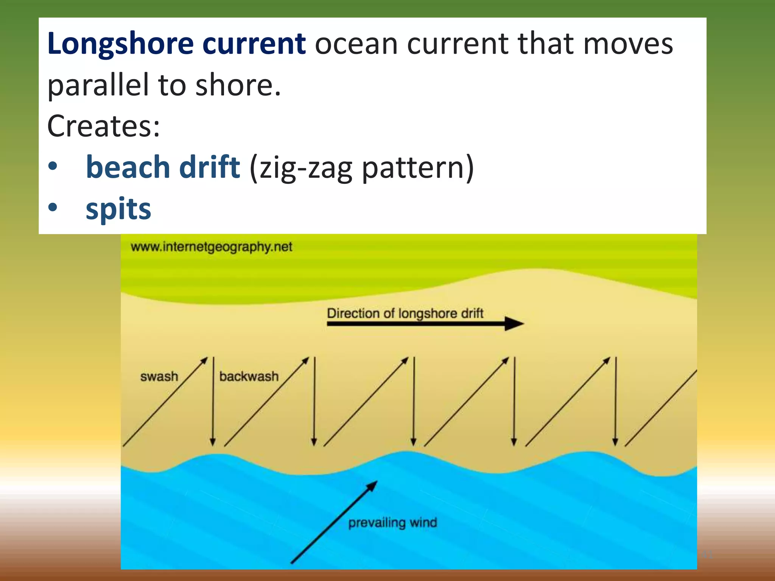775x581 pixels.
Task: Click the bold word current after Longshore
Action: pyautogui.click(x=254, y=44)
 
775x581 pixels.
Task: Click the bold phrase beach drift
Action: pyautogui.click(x=163, y=167)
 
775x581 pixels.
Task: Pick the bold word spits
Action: pyautogui.click(x=118, y=208)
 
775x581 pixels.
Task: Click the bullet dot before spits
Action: pyautogui.click(x=53, y=207)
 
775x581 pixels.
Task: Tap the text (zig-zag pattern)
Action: pyautogui.click(x=361, y=168)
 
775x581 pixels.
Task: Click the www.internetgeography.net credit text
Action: pyautogui.click(x=211, y=247)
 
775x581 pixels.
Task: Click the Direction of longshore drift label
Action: pyautogui.click(x=405, y=314)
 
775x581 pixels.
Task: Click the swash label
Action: pyautogui.click(x=159, y=377)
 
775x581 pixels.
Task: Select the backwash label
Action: pyautogui.click(x=249, y=377)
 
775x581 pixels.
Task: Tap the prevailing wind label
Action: pyautogui.click(x=392, y=523)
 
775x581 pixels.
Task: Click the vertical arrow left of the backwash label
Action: pyautogui.click(x=213, y=401)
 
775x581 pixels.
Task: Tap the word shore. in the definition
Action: pyautogui.click(x=238, y=85)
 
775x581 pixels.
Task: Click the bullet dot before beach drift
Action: pyautogui.click(x=53, y=166)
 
